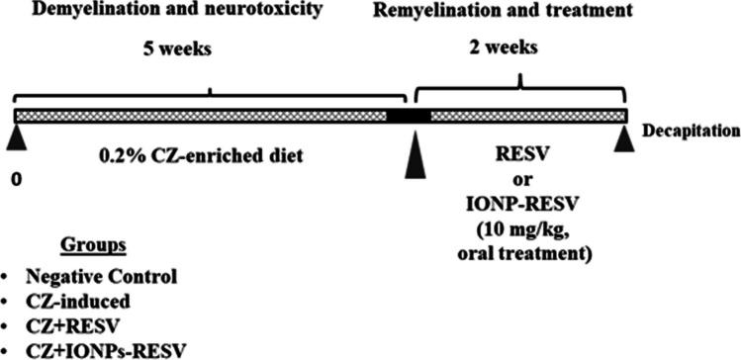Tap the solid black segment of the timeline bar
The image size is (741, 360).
coord(408,117)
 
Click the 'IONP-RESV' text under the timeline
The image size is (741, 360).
coord(520,205)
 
